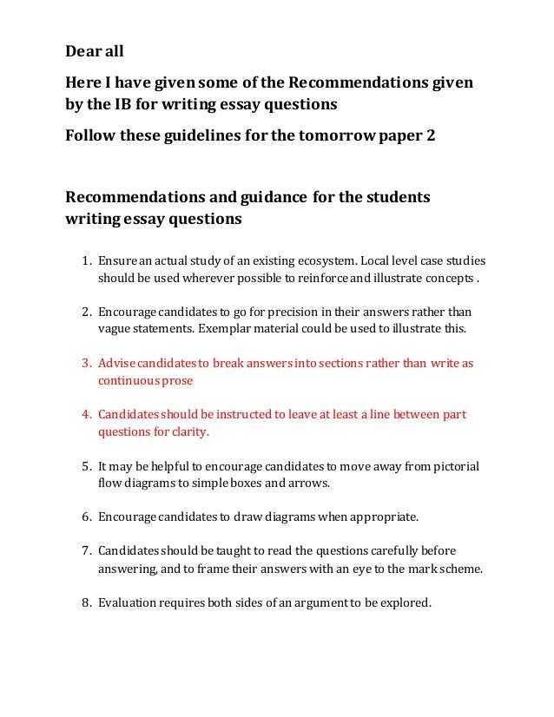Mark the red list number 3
(85, 363)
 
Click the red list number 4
(85, 414)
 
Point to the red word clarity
(190, 431)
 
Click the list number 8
(85, 602)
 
